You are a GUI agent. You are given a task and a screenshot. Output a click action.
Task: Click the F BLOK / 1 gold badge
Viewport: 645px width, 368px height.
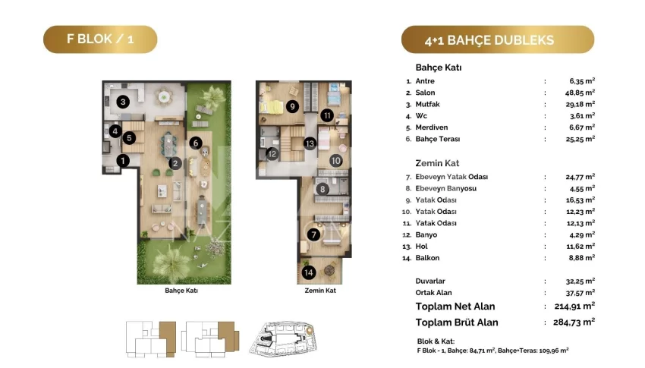click(x=100, y=39)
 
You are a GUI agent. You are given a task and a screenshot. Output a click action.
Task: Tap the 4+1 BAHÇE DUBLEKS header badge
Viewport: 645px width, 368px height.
click(x=498, y=40)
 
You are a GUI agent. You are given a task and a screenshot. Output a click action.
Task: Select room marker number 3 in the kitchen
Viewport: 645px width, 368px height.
click(x=123, y=102)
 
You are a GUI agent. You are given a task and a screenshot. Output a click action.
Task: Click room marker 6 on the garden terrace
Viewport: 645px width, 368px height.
click(x=195, y=143)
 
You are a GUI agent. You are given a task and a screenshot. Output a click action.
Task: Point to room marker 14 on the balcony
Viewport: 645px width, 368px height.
click(x=309, y=272)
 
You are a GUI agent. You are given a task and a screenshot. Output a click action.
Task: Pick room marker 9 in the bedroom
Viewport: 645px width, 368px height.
click(x=292, y=107)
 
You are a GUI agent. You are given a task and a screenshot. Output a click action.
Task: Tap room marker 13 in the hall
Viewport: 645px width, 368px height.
click(x=310, y=143)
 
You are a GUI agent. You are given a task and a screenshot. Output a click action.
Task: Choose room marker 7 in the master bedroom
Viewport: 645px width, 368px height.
click(x=313, y=234)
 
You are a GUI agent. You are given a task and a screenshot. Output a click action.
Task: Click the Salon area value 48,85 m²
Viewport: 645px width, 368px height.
click(x=580, y=93)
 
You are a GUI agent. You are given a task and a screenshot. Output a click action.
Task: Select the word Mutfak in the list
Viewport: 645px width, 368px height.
click(x=427, y=104)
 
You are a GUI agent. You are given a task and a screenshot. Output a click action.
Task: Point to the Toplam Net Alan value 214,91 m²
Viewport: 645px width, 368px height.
click(x=574, y=306)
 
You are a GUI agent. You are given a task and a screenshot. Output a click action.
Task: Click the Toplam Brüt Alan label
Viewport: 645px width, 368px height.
click(x=457, y=322)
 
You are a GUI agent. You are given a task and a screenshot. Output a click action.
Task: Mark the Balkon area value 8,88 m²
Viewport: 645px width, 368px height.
click(x=582, y=258)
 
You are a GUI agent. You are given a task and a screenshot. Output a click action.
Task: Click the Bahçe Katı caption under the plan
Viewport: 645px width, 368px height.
click(x=181, y=291)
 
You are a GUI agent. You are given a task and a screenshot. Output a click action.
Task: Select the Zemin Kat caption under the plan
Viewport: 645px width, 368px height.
click(x=320, y=291)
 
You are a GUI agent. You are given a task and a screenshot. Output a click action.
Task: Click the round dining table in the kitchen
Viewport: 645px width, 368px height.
click(x=164, y=97)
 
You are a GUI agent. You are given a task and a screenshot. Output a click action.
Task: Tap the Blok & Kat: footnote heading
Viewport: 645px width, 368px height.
click(x=436, y=341)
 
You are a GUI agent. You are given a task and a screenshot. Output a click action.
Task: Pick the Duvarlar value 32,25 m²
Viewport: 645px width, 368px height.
click(x=580, y=282)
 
